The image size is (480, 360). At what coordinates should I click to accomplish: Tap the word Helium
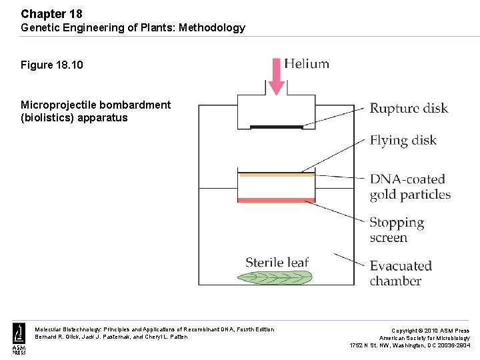coord(307,64)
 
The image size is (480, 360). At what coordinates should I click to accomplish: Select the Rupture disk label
coord(409,108)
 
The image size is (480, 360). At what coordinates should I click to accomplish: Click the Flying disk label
coord(403,140)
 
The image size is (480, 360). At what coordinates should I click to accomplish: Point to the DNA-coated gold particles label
coord(409,187)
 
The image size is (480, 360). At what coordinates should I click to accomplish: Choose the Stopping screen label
coord(397,230)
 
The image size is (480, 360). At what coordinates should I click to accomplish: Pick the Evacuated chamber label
coord(401,273)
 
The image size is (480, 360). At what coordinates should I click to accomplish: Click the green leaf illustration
coord(276,277)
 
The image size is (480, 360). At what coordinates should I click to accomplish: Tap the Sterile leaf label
coord(277,262)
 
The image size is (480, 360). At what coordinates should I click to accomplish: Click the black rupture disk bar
coord(276,126)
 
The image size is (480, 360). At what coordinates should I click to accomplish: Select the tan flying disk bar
coord(276,175)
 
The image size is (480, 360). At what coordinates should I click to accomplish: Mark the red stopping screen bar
coord(276,200)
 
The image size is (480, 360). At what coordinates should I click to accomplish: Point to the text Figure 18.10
coord(52,65)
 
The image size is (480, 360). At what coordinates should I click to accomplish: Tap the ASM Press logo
coord(18,339)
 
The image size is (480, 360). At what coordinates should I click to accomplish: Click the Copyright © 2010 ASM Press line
coord(430,331)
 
